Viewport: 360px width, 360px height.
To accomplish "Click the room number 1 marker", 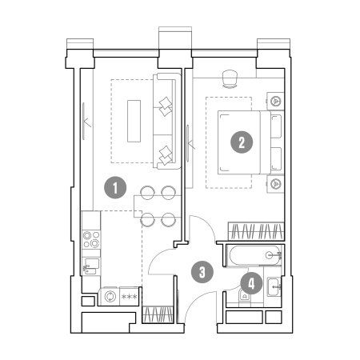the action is pos(115,188).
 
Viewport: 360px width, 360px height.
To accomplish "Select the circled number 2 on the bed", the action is pos(242,142).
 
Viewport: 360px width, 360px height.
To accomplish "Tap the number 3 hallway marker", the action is pos(202,272).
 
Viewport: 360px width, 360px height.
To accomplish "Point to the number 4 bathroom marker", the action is pos(251,283).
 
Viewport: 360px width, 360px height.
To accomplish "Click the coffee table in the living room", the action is pos(134,121).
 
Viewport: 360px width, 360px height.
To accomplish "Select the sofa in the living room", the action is pos(167,122).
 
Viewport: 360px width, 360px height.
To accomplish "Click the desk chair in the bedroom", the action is pos(230,78).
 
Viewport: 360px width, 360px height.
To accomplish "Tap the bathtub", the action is pos(255,255).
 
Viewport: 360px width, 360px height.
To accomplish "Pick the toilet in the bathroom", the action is pos(245,296).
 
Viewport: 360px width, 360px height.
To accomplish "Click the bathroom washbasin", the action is pos(274,286).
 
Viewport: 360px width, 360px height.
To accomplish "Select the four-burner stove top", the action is pos(91,239).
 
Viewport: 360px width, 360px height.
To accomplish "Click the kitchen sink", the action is pos(91,266).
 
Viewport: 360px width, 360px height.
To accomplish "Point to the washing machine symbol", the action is pos(110,296).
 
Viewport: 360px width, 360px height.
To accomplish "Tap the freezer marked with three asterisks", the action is pos(130,296).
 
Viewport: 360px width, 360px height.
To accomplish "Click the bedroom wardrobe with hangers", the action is pos(256,231).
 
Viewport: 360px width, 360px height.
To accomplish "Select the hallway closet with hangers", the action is pos(158,314).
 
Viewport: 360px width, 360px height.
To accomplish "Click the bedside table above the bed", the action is pos(276,101).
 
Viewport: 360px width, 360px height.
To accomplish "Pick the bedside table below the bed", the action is pos(276,183).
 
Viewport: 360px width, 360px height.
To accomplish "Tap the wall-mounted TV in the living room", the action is pos(84,121).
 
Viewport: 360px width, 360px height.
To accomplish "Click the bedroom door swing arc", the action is pos(207,223).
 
